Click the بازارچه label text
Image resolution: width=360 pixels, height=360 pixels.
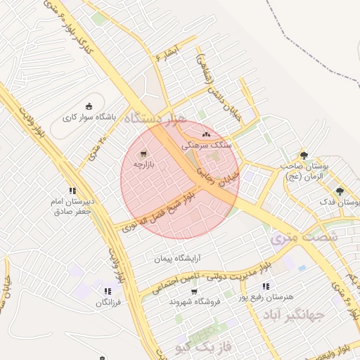click(148, 165)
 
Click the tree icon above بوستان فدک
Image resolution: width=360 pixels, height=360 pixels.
click(340, 191)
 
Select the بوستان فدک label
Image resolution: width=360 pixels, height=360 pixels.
click(338, 202)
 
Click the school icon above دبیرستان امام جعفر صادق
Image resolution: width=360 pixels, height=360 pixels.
click(72, 190)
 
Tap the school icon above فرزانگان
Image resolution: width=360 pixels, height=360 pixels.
click(107, 291)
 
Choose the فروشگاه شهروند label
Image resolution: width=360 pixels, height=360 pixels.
click(195, 302)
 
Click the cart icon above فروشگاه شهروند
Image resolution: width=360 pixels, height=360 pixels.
click(193, 291)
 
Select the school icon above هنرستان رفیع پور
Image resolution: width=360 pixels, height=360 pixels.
click(265, 286)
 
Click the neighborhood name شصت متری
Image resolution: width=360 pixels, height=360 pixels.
click(304, 238)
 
